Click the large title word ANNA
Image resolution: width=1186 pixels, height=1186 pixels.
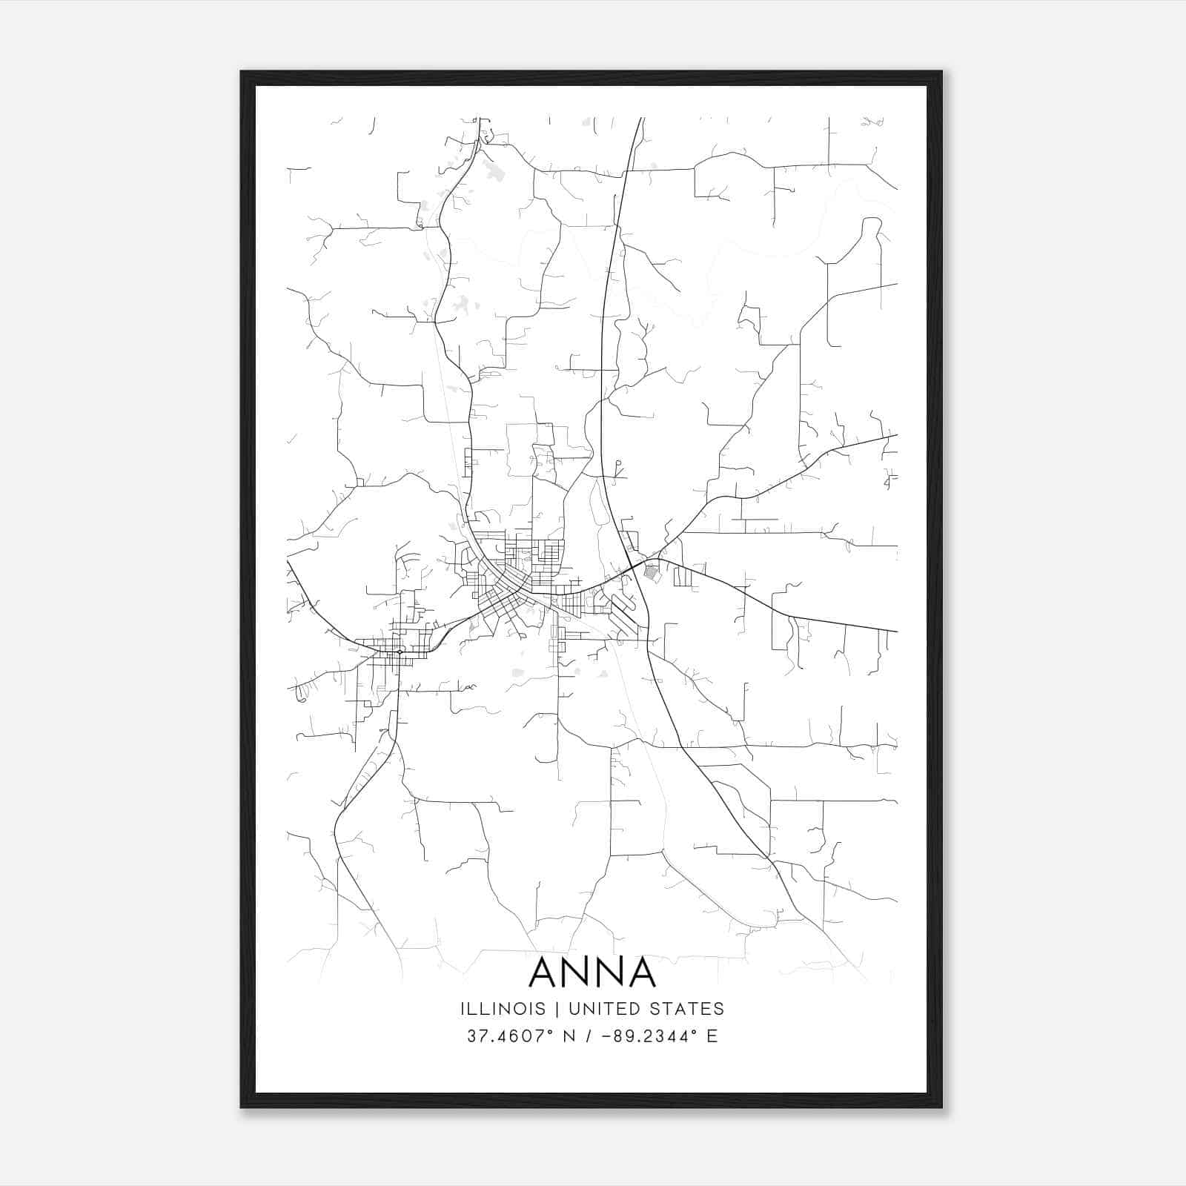pyautogui.click(x=592, y=973)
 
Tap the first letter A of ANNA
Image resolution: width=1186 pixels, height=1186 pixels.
pyautogui.click(x=546, y=973)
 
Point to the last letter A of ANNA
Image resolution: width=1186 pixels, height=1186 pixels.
pyautogui.click(x=639, y=973)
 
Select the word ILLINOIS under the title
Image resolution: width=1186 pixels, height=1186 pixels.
pyautogui.click(x=503, y=1008)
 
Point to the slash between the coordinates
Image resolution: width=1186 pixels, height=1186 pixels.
pyautogui.click(x=589, y=1036)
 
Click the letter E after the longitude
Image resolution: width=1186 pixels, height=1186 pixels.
pyautogui.click(x=712, y=1036)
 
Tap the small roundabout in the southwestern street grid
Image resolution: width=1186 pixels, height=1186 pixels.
pyautogui.click(x=400, y=652)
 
